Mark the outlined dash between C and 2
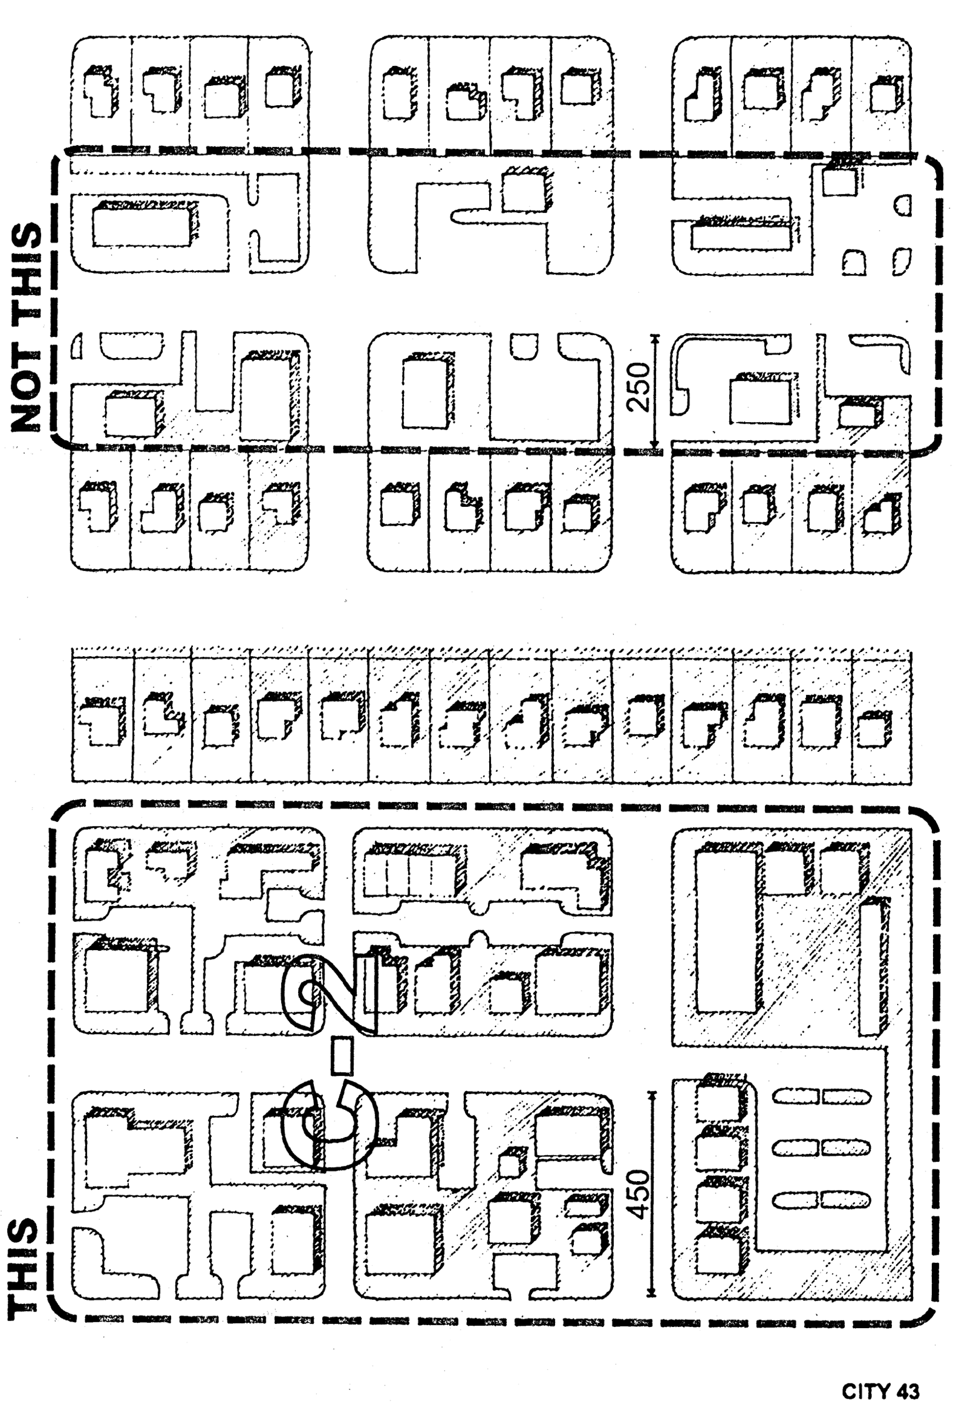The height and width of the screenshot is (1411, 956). [342, 1056]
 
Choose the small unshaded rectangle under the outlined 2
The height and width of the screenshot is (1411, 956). [342, 1056]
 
